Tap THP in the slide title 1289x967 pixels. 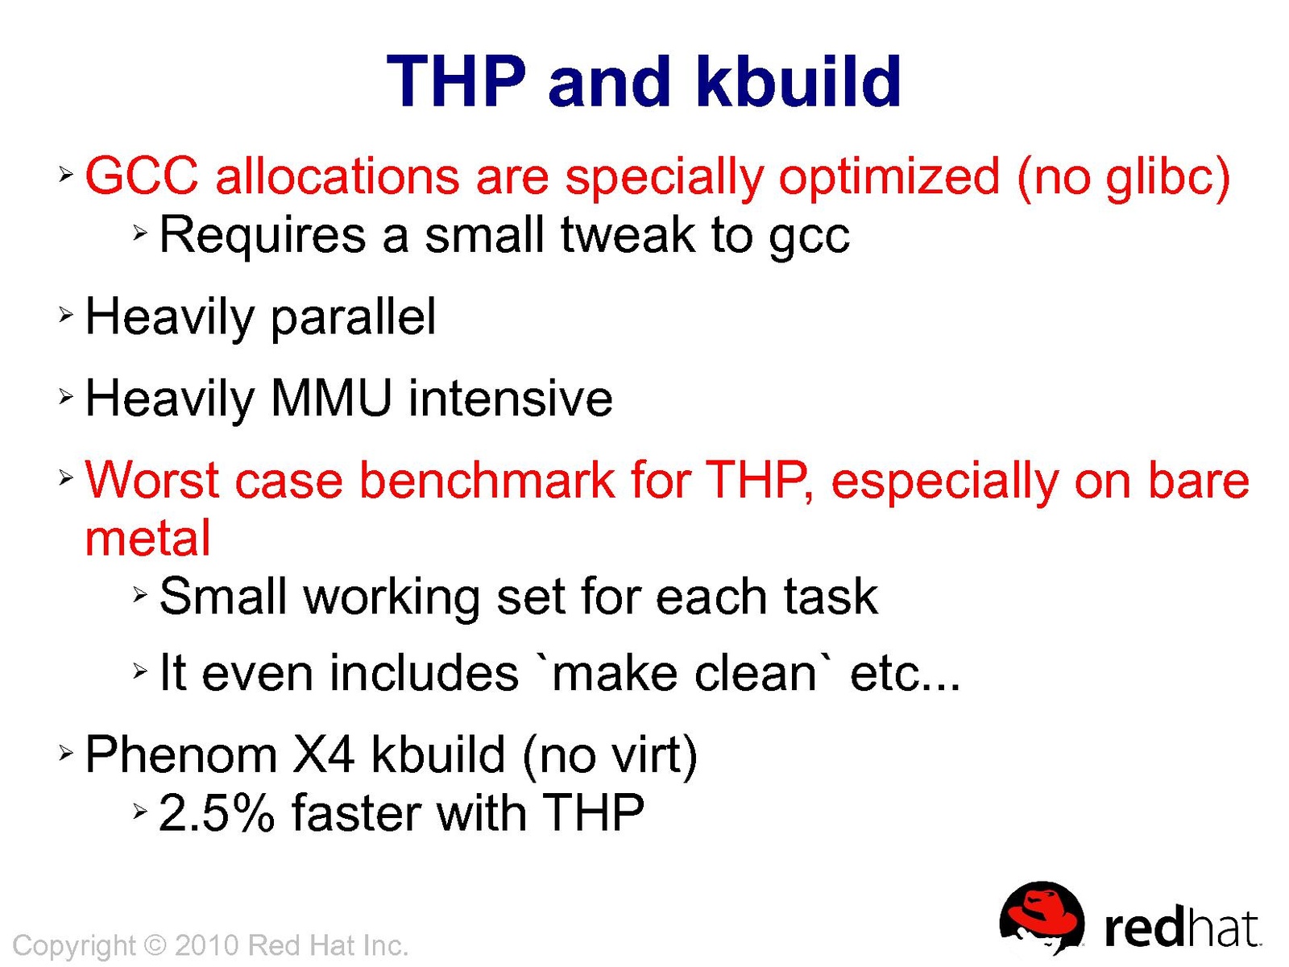(x=456, y=81)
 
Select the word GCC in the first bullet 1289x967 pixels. (x=142, y=176)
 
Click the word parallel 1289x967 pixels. (x=353, y=318)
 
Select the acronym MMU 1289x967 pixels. (x=330, y=399)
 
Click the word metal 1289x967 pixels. (x=148, y=538)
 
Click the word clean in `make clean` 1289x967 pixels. (x=755, y=673)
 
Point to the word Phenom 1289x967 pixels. (x=181, y=754)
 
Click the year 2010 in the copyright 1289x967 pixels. (x=207, y=946)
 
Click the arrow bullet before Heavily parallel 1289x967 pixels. (x=66, y=315)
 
